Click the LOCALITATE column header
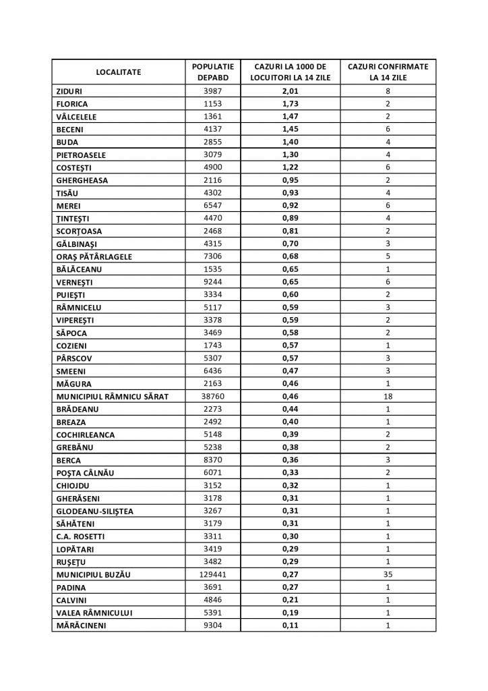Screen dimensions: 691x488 coord(118,72)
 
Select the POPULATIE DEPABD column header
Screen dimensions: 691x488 coord(212,72)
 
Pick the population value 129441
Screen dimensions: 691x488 coord(212,574)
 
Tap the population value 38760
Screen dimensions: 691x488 coord(212,397)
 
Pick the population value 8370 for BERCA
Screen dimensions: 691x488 coord(212,460)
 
